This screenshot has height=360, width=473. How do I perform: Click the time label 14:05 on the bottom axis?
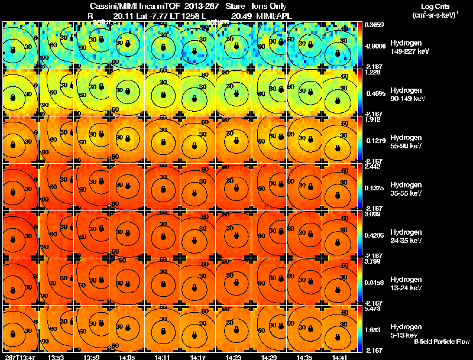(127, 357)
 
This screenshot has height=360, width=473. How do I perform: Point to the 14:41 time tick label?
(339, 357)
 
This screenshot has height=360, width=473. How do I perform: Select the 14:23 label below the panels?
(233, 357)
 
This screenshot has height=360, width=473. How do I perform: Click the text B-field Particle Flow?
(442, 342)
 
